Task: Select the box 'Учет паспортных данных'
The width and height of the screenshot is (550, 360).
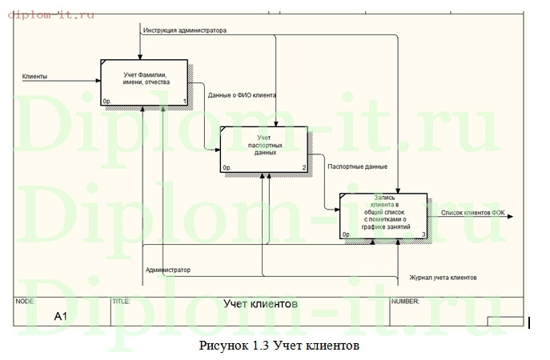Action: tap(263, 149)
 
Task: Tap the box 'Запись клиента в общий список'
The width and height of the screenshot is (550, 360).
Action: tap(383, 215)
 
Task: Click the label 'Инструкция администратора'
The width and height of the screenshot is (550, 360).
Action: tap(184, 30)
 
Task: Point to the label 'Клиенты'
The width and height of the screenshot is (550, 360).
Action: tap(34, 77)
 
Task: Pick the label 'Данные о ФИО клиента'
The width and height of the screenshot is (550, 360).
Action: tap(242, 95)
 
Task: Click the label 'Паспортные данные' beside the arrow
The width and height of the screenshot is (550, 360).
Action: tap(358, 166)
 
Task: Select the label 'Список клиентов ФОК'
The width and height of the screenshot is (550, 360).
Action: tap(472, 213)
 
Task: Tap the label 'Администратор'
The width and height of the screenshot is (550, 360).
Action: tap(168, 270)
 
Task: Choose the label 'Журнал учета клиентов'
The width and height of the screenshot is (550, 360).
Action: tap(443, 278)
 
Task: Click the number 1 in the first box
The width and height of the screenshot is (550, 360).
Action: tap(184, 102)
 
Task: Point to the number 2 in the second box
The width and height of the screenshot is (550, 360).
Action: tap(304, 168)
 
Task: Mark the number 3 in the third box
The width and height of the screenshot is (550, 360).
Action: tap(424, 234)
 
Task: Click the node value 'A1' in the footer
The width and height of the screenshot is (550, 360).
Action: tap(61, 317)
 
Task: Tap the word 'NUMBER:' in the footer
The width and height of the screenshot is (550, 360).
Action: tap(405, 302)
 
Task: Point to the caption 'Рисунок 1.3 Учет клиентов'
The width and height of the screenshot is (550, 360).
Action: tap(274, 346)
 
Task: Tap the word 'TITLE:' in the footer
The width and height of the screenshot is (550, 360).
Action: tap(122, 302)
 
